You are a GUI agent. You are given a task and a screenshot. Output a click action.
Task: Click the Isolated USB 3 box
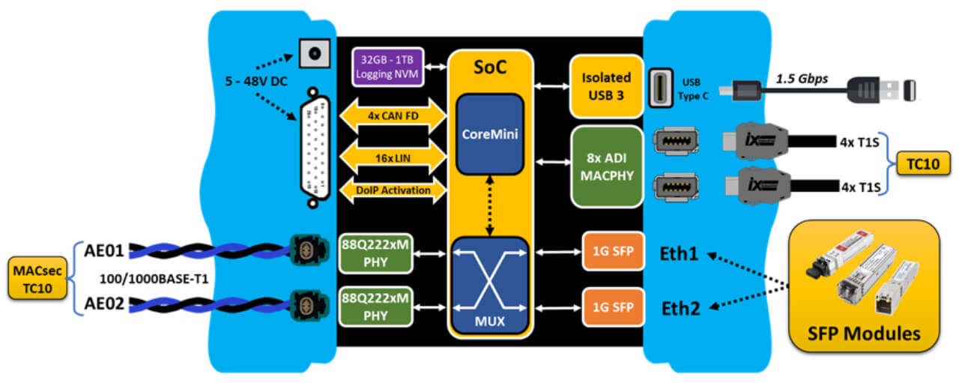click(x=606, y=85)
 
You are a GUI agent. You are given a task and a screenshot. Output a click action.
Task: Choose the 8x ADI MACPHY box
click(x=607, y=166)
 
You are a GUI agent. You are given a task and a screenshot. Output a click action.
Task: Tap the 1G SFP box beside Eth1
click(x=612, y=254)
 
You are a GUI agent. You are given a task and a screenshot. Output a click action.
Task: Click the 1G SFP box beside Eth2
click(x=612, y=307)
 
